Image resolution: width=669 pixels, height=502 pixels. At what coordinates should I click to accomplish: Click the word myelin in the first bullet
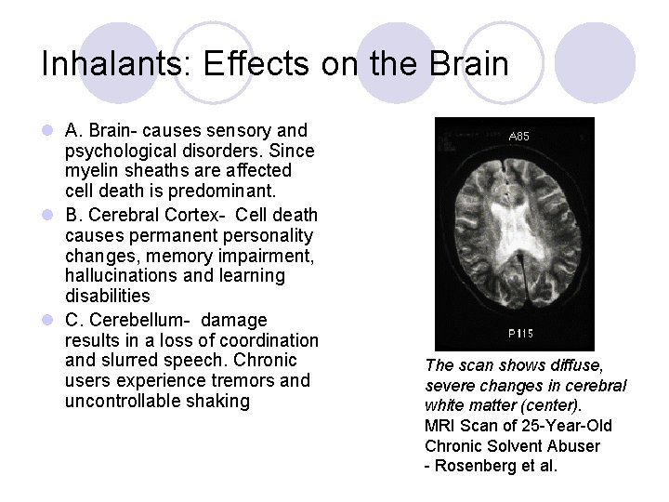click(90, 171)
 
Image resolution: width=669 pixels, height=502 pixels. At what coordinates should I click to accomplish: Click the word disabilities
click(107, 297)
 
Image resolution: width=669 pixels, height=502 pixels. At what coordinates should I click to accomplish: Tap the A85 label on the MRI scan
click(520, 137)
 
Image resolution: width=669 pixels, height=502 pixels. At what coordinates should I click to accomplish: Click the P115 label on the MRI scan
click(520, 332)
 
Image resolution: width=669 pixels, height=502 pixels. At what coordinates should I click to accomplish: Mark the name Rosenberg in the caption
click(473, 467)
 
